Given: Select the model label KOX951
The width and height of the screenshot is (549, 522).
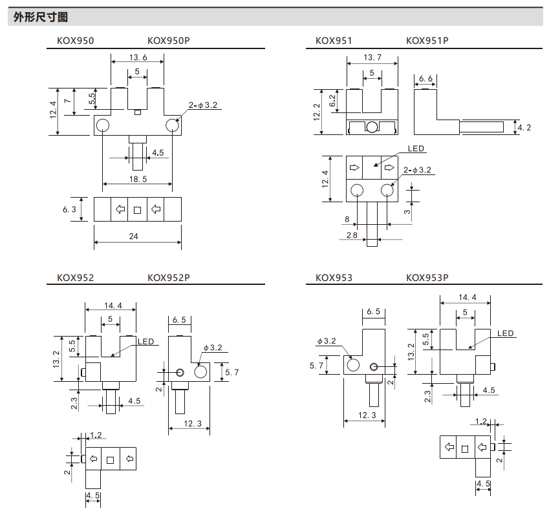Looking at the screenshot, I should [x=334, y=41].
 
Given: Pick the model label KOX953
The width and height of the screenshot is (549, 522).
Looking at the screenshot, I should [x=334, y=278].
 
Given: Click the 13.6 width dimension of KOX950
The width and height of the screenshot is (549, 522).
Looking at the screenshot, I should [x=137, y=57].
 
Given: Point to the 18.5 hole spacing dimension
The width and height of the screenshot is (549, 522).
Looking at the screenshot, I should [x=137, y=178].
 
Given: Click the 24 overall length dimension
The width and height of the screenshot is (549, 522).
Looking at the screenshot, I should [x=134, y=236].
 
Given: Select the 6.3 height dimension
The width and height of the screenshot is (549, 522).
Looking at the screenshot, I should [x=70, y=209].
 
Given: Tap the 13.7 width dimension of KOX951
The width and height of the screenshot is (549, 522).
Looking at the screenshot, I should [x=372, y=57].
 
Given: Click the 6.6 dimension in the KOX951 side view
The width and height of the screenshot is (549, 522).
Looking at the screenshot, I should [x=425, y=78].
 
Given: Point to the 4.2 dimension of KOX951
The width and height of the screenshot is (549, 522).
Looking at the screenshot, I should [x=524, y=128].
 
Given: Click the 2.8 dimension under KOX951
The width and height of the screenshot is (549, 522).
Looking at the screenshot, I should [x=352, y=235].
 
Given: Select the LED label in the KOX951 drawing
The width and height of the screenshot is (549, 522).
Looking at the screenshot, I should [x=416, y=149].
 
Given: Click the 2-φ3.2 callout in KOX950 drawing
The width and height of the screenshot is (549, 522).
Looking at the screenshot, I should [x=203, y=105].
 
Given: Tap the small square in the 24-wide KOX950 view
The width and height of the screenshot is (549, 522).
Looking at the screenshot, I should [x=137, y=209].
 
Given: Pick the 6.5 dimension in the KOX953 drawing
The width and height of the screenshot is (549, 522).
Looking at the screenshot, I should [x=373, y=312].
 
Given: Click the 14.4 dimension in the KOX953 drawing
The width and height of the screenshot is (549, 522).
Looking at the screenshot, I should [x=467, y=298].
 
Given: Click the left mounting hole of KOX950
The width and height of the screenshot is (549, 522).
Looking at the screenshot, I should [x=103, y=125].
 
